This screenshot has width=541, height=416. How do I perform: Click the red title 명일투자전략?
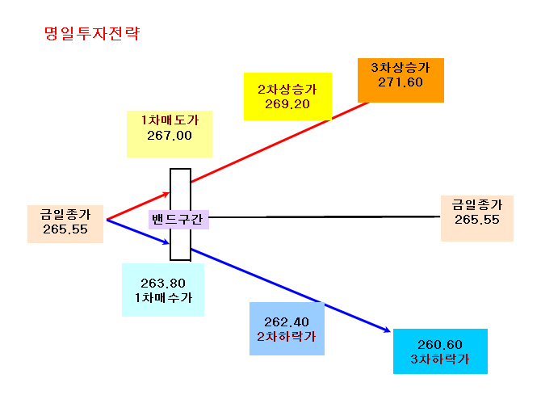tap(92, 33)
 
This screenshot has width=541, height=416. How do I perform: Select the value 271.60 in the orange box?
tap(401, 82)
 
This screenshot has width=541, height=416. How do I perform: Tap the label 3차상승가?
tap(401, 67)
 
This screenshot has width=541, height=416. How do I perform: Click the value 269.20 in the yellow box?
tap(287, 104)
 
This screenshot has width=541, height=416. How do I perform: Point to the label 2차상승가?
tap(287, 90)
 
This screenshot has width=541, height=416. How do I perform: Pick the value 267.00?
tap(170, 136)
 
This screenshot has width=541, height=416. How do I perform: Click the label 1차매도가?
tap(170, 120)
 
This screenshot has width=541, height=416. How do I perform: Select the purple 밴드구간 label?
tap(178, 219)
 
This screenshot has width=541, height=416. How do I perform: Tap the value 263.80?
tap(163, 283)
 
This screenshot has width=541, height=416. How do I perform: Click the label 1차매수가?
tap(163, 297)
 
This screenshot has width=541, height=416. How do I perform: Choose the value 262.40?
tap(287, 322)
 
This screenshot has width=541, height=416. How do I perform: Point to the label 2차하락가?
tap(287, 337)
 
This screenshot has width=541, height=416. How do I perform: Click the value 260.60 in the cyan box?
tap(440, 345)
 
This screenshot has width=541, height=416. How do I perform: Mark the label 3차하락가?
tap(440, 359)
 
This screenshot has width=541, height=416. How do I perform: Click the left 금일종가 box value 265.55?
tap(65, 229)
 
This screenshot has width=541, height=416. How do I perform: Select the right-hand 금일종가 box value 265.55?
tap(477, 220)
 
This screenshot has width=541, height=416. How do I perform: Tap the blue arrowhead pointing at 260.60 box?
tap(388, 330)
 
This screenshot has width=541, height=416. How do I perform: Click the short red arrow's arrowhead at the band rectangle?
tap(166, 195)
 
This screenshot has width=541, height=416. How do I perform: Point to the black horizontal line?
tap(325, 217)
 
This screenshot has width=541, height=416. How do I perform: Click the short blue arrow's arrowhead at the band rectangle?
tap(166, 242)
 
